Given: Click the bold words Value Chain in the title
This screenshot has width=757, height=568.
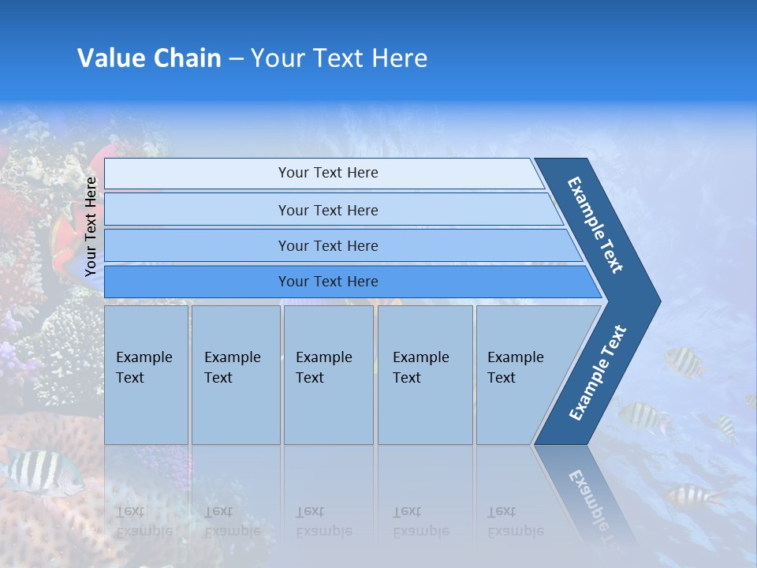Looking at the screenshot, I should coord(149,58).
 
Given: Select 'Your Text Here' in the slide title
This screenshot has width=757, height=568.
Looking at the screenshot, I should coord(338,58).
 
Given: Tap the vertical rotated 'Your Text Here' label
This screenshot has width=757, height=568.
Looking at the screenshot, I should coord(91,226).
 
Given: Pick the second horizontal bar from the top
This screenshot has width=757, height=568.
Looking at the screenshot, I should coord(327,210).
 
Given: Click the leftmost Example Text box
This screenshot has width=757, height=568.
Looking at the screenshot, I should coord(146,375).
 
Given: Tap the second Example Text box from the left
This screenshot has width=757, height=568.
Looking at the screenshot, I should coord(236,375).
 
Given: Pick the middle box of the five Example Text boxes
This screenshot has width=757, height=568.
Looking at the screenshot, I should coord(328,375).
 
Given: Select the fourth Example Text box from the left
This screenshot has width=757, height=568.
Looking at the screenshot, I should coord(425,375).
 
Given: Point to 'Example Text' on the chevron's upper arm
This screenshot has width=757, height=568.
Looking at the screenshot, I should coord(596,225).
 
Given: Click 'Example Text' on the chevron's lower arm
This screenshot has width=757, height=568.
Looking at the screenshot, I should coord(597,373).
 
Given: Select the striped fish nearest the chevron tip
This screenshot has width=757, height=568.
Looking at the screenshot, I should coord(685,361).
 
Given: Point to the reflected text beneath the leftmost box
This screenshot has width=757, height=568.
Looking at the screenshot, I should coord(144,521).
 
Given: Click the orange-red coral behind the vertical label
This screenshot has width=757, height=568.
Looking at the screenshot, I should coord(67,237).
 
